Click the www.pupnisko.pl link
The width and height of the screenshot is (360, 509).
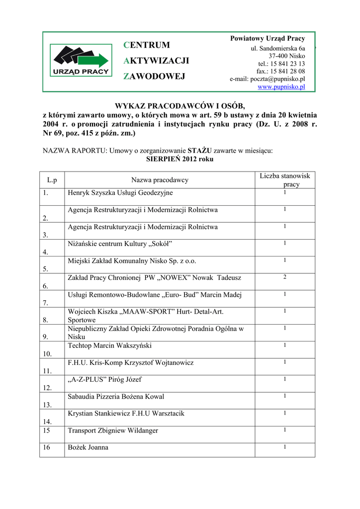click(x=281, y=86)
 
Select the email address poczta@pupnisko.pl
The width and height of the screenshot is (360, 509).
click(x=268, y=79)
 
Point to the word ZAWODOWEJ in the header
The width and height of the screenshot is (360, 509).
click(x=154, y=77)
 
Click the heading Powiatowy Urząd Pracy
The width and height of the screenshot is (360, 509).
click(x=268, y=39)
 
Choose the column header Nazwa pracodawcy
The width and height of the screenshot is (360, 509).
click(x=160, y=180)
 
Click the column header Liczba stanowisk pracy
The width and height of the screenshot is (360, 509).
click(x=285, y=180)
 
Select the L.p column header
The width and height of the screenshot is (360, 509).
click(x=52, y=180)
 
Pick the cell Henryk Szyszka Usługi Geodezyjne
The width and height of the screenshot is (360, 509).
click(x=120, y=193)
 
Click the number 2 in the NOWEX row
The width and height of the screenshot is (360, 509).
click(x=285, y=277)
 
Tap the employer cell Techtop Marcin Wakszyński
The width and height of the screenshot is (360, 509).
click(x=110, y=345)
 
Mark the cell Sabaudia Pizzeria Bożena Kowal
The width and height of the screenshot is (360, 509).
click(x=116, y=397)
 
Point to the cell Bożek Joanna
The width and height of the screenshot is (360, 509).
click(x=88, y=447)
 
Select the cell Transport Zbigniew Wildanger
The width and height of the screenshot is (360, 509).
click(x=113, y=430)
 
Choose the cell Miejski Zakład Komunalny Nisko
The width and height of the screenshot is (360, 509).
click(x=132, y=260)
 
